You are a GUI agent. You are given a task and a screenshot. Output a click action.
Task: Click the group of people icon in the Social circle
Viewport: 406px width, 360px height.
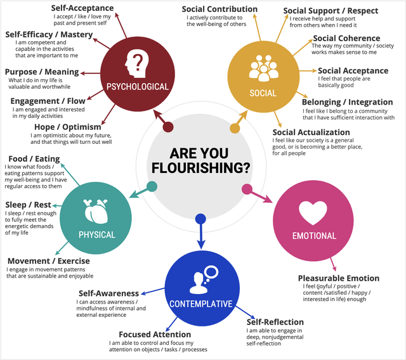263,68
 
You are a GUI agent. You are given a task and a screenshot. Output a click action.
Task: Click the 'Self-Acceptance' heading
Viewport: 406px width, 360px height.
82,8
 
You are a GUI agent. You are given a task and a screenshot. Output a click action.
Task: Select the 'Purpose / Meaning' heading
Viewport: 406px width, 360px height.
42,72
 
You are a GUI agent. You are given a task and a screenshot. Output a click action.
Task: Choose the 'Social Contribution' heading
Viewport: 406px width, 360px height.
219,10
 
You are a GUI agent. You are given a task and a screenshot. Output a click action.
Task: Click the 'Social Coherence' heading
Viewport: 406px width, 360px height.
346,39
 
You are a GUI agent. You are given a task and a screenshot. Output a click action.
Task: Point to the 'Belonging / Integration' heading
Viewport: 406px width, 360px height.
347,102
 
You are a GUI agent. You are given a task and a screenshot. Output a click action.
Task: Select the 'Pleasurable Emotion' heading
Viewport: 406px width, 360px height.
339,278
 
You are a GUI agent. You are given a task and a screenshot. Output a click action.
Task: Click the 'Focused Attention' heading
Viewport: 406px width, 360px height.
155,334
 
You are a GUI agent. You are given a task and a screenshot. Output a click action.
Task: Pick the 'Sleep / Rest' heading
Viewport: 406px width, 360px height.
29,205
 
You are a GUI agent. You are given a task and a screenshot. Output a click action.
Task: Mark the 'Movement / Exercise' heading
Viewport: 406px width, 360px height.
49,260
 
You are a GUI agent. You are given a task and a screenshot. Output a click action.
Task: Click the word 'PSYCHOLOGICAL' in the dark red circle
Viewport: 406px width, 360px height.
137,87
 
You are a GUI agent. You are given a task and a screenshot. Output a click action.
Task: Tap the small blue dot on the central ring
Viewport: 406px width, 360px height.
200,219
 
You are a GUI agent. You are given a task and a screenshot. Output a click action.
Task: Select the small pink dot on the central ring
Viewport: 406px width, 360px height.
247,188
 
